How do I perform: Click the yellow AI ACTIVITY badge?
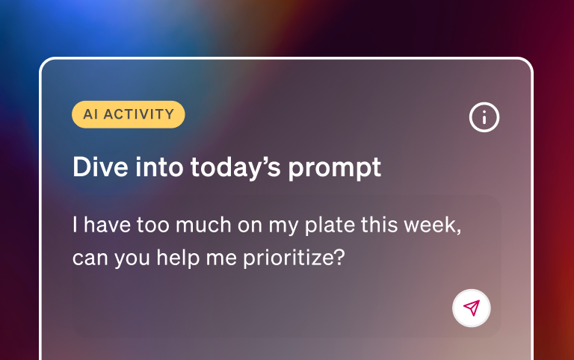point(129,114)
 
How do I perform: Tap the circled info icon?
point(484,117)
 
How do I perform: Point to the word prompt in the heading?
point(341,168)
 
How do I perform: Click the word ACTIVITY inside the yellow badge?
point(138,114)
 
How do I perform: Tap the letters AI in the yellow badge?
point(90,114)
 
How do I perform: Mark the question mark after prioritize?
point(339,258)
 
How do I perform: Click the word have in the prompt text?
point(108,225)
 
